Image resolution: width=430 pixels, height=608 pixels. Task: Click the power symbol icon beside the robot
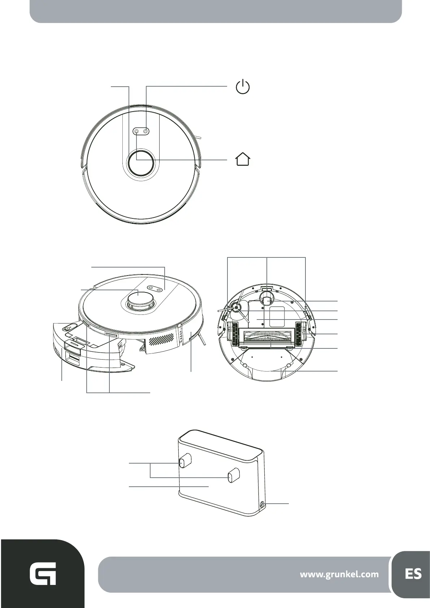pos(243,87)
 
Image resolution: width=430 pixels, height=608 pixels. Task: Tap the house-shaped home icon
pos(243,159)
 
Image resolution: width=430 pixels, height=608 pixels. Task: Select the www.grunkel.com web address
pos(339,574)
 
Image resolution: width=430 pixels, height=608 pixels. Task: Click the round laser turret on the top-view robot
pos(140,163)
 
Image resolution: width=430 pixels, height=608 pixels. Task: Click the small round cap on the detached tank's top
pos(68,328)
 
